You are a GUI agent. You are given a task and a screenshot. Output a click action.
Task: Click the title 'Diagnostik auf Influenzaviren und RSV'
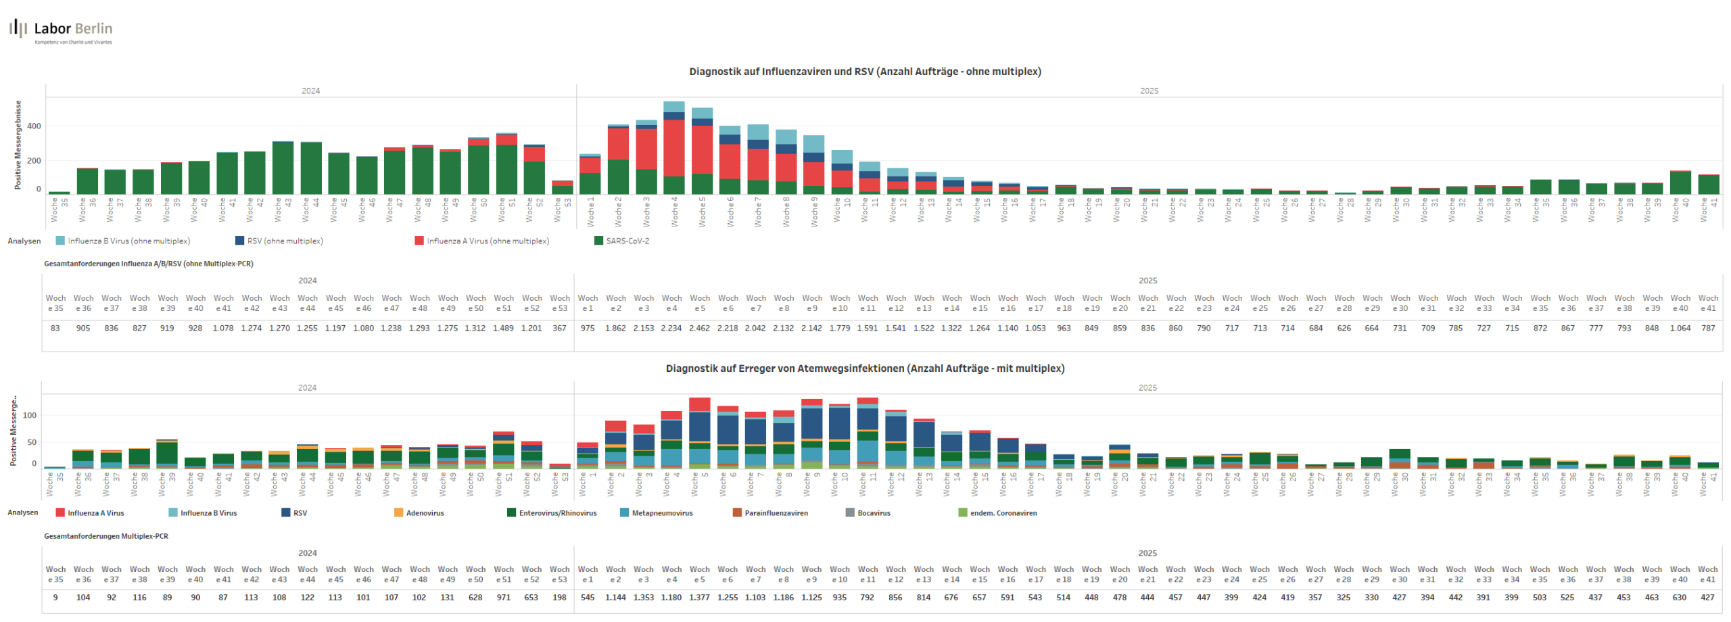click(x=864, y=72)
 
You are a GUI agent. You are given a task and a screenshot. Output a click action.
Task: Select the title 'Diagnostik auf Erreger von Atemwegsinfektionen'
click(x=864, y=368)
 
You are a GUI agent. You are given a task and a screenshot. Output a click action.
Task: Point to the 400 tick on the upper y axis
click(x=34, y=126)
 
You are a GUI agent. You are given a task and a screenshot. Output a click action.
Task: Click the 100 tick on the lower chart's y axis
click(x=30, y=416)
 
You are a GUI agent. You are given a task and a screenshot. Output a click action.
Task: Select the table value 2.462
click(x=700, y=329)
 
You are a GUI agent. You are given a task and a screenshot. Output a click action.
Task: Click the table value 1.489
click(x=504, y=329)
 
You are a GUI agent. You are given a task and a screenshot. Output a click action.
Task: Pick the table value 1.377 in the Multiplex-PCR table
click(x=699, y=598)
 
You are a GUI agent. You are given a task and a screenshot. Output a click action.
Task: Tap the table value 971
click(x=504, y=598)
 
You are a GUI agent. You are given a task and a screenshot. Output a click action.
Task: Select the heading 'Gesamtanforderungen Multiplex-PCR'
click(x=106, y=536)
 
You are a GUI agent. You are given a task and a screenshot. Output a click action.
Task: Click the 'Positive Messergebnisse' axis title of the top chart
click(x=18, y=145)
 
